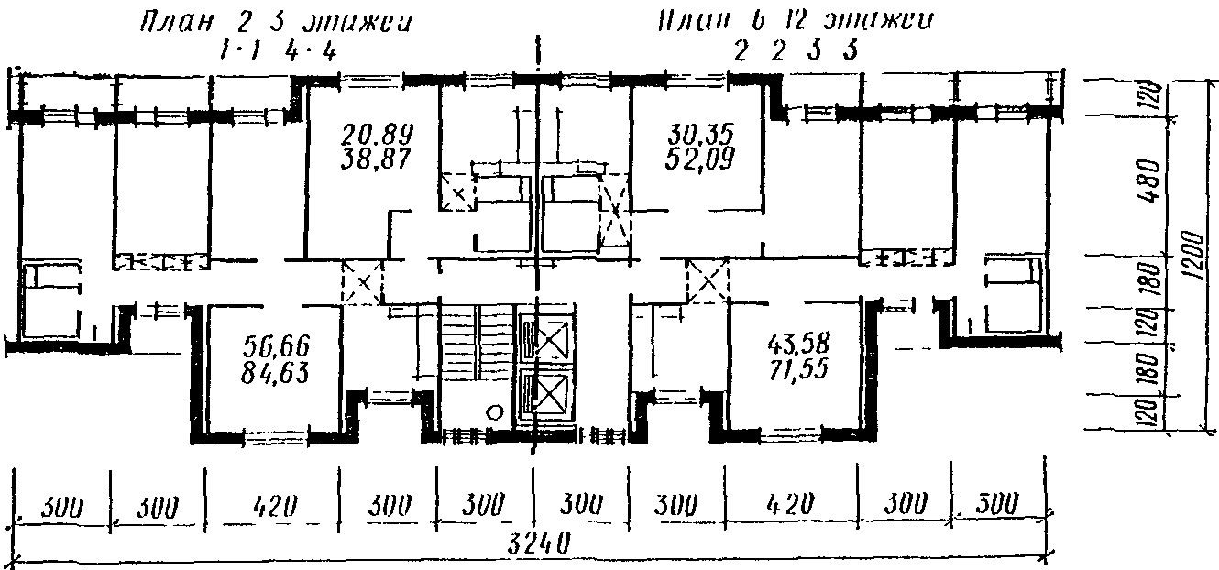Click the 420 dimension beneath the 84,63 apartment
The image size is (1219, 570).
coord(272,505)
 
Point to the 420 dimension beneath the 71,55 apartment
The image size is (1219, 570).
coord(790,505)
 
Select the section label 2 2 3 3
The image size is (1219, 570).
coord(796,51)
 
